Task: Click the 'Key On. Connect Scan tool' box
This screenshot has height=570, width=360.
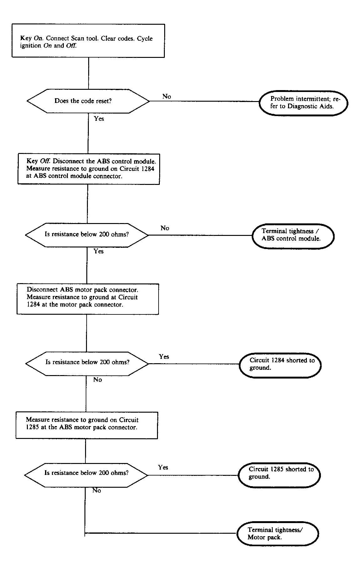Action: click(x=88, y=41)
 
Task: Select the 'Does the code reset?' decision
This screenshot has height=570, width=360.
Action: click(x=88, y=101)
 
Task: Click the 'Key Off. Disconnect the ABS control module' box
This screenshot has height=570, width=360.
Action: click(x=89, y=169)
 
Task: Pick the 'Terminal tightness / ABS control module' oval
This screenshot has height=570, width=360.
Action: click(x=293, y=236)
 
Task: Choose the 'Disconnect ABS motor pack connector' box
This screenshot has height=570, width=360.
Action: click(x=88, y=299)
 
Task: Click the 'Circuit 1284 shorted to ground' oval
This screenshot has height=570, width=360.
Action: click(x=280, y=365)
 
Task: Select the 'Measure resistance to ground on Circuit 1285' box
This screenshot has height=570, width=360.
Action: click(x=87, y=425)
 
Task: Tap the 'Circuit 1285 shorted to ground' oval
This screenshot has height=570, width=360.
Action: click(x=279, y=475)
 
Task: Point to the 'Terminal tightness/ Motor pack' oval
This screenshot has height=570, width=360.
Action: click(x=278, y=534)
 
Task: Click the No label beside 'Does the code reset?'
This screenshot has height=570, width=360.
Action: click(x=167, y=96)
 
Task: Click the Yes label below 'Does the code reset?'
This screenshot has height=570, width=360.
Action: click(x=99, y=119)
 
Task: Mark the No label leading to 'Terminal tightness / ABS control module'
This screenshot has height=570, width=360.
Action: click(x=165, y=228)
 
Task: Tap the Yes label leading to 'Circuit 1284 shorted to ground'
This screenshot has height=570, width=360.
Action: click(x=164, y=357)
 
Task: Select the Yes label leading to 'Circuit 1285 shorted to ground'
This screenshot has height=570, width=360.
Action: click(x=163, y=467)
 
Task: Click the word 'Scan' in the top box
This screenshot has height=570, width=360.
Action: click(x=78, y=38)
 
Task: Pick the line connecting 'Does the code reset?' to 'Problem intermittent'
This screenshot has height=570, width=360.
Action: click(x=205, y=101)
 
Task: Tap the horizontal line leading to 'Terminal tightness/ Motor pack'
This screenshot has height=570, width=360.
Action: click(x=161, y=533)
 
